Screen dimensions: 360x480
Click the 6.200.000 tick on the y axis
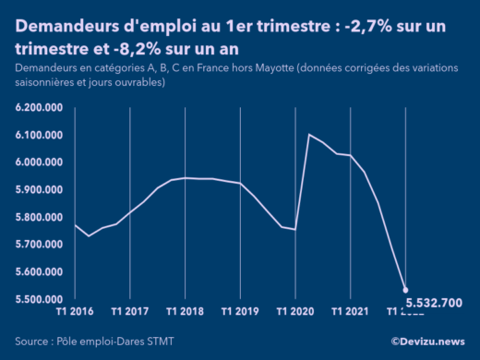pyautogui.click(x=40, y=108)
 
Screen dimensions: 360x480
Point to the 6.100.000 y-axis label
pyautogui.click(x=40, y=136)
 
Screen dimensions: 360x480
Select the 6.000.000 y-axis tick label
pyautogui.click(x=40, y=162)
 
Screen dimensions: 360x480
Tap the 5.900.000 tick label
pyautogui.click(x=40, y=190)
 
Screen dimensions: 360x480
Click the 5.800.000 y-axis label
pyautogui.click(x=40, y=218)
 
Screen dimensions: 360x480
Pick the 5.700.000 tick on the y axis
pyautogui.click(x=40, y=245)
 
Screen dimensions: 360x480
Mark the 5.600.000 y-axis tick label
pyautogui.click(x=40, y=272)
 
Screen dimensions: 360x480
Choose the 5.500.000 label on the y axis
pyautogui.click(x=40, y=299)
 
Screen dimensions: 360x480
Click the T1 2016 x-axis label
pyautogui.click(x=74, y=312)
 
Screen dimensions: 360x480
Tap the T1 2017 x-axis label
pyautogui.click(x=129, y=312)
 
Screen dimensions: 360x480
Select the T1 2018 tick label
pyautogui.click(x=185, y=312)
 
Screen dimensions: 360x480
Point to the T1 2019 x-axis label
pyautogui.click(x=240, y=312)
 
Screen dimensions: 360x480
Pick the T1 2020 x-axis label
pyautogui.click(x=295, y=312)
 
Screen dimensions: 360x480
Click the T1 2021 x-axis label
pyautogui.click(x=351, y=312)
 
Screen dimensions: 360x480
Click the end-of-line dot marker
pyautogui.click(x=406, y=291)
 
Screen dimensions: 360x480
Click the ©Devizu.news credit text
pyautogui.click(x=427, y=341)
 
